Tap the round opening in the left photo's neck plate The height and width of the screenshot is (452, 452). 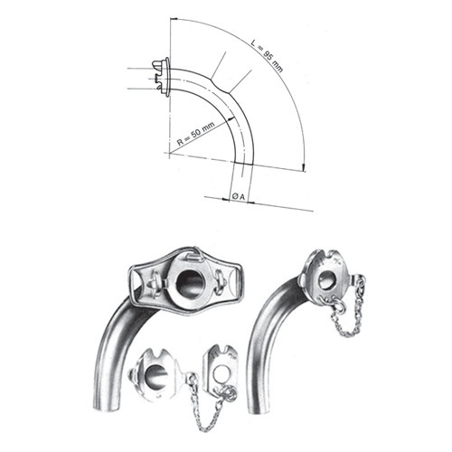pyautogui.click(x=191, y=284)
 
